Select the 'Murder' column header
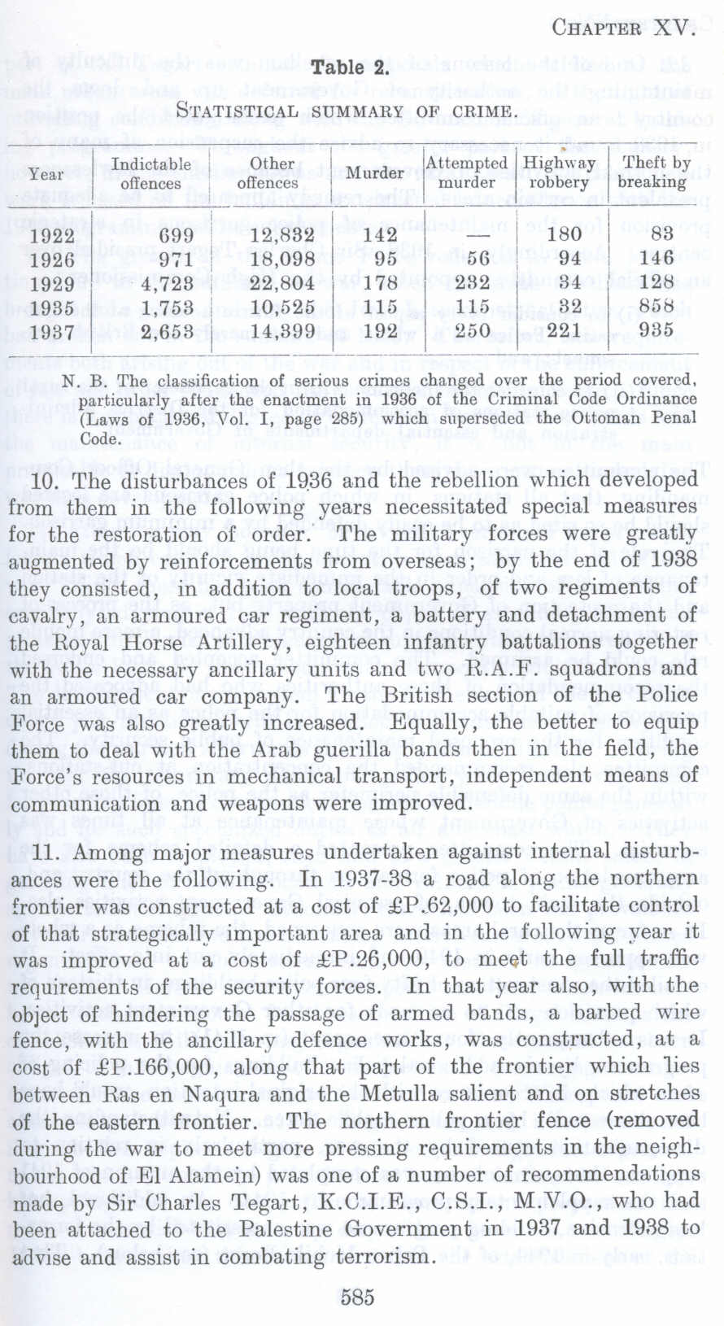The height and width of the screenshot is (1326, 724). click(374, 172)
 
